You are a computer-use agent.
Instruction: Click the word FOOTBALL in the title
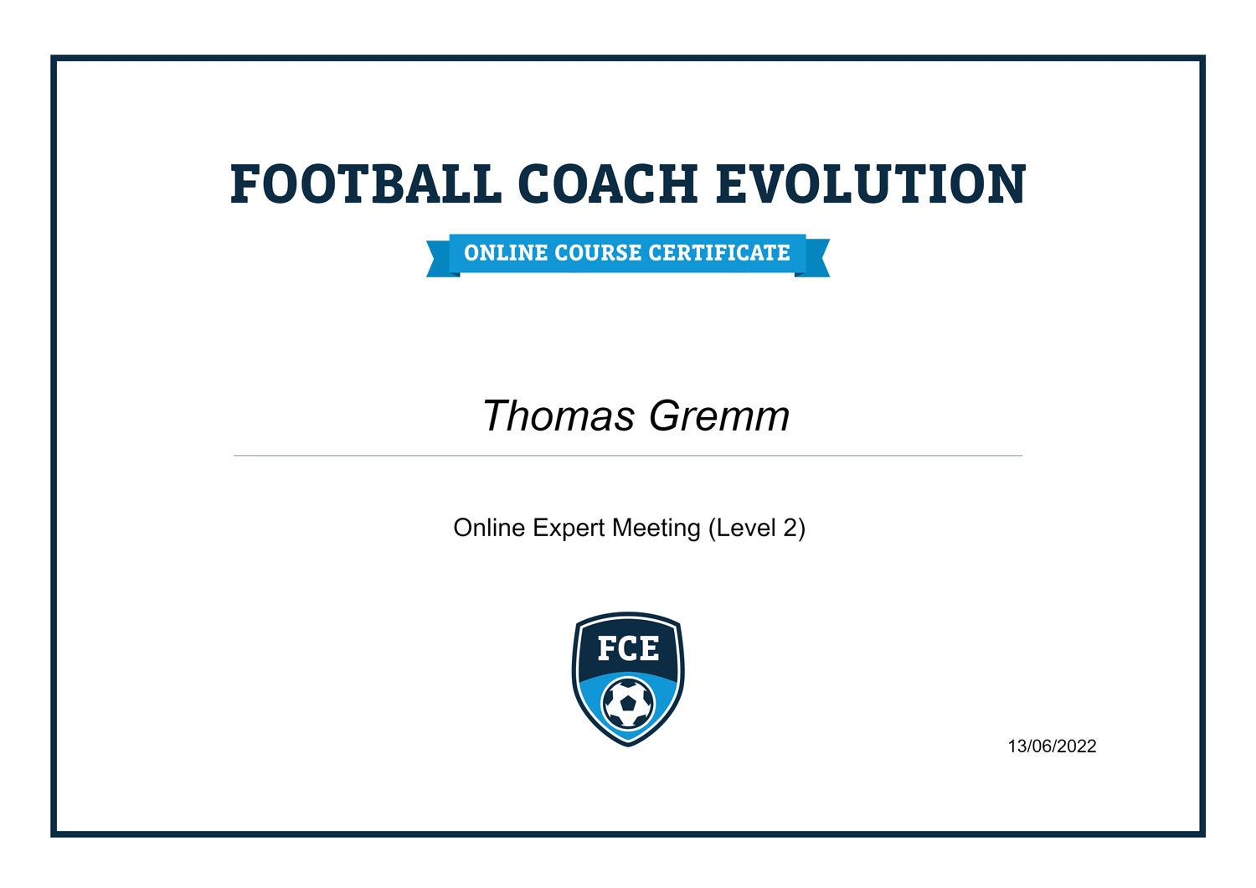pyautogui.click(x=365, y=184)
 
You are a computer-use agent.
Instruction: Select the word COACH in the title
pyautogui.click(x=608, y=184)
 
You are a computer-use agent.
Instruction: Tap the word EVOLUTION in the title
pyautogui.click(x=871, y=184)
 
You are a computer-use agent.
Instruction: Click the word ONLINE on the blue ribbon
pyautogui.click(x=506, y=253)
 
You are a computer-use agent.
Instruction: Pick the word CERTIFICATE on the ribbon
pyautogui.click(x=719, y=253)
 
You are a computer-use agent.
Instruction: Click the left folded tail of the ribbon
pyautogui.click(x=439, y=260)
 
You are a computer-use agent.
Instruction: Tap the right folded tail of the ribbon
pyautogui.click(x=816, y=260)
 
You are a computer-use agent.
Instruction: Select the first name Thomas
pyautogui.click(x=559, y=416)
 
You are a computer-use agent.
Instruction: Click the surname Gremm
pyautogui.click(x=719, y=416)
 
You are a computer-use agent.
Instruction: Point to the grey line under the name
pyautogui.click(x=628, y=456)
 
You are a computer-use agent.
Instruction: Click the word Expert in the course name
pyautogui.click(x=569, y=529)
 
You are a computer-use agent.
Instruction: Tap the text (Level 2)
pyautogui.click(x=757, y=529)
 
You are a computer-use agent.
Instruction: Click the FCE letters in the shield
pyautogui.click(x=628, y=649)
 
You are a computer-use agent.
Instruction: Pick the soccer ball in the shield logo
pyautogui.click(x=628, y=704)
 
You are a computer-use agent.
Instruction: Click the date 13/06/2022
pyautogui.click(x=1052, y=746)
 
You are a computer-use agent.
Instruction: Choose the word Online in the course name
pyautogui.click(x=489, y=529)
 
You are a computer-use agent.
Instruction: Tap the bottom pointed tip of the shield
pyautogui.click(x=628, y=742)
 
